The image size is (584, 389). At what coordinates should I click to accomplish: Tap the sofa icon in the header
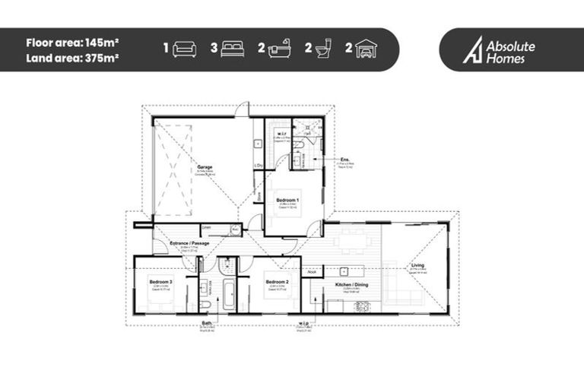(x=185, y=49)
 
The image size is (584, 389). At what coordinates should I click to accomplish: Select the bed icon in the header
(x=233, y=49)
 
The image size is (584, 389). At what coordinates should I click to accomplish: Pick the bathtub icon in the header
(x=279, y=49)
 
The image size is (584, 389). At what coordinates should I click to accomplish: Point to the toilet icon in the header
(x=324, y=49)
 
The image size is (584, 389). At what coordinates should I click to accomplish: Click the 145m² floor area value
(x=103, y=43)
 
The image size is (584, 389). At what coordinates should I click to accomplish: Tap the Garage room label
(x=205, y=166)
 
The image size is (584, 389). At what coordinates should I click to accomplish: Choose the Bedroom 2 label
(x=275, y=282)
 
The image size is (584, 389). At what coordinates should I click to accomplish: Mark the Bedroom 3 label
(x=161, y=281)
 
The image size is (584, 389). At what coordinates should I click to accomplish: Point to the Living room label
(x=418, y=266)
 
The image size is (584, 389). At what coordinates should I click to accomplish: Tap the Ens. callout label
(x=345, y=159)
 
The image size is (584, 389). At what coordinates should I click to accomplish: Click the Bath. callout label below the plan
(x=206, y=323)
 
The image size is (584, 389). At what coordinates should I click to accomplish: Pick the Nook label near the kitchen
(x=311, y=270)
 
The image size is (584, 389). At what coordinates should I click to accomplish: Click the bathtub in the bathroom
(x=229, y=293)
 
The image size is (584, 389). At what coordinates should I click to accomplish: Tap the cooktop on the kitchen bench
(x=363, y=305)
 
